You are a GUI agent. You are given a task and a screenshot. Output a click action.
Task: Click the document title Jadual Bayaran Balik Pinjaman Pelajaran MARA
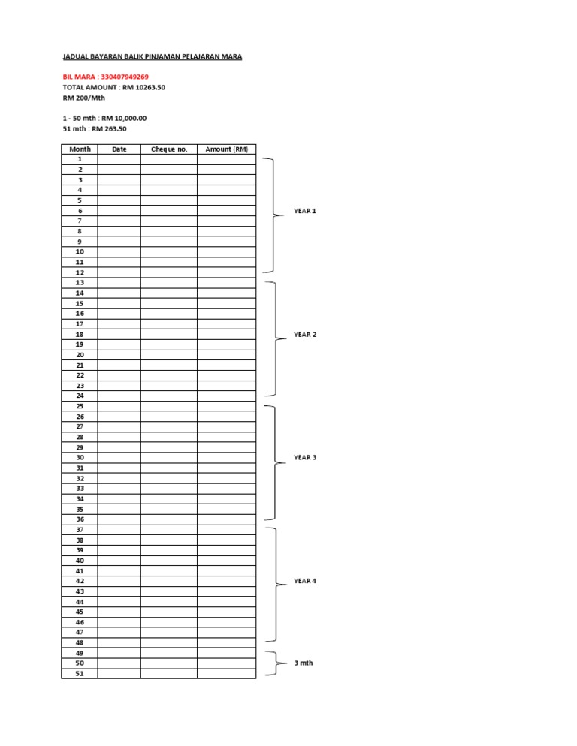[x=152, y=56]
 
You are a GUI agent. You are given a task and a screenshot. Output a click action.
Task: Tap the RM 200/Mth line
[x=84, y=98]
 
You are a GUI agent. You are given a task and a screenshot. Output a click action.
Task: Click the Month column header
[x=80, y=149]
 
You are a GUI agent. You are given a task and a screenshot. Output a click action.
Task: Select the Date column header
[x=119, y=149]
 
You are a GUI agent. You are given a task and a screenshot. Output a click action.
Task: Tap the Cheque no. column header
[x=168, y=149]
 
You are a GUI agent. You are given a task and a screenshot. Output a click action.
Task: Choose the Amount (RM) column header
[x=226, y=149]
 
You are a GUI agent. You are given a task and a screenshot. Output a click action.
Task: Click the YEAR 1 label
[x=304, y=212]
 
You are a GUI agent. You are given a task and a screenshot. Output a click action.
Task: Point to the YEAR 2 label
[x=304, y=335]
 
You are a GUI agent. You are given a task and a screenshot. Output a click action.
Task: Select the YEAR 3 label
[x=304, y=457]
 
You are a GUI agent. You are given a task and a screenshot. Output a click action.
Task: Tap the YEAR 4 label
[x=304, y=581]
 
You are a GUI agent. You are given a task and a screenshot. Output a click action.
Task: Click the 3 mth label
[x=303, y=663]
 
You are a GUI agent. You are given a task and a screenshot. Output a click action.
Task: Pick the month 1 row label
[x=80, y=159]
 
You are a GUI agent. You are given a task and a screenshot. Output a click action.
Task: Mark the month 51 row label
[x=80, y=674]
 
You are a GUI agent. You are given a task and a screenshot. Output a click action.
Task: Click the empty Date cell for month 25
[x=119, y=406]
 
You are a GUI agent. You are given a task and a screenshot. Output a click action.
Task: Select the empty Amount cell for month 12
[x=226, y=272]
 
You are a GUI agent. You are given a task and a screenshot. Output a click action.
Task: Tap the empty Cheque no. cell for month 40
[x=168, y=561]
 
